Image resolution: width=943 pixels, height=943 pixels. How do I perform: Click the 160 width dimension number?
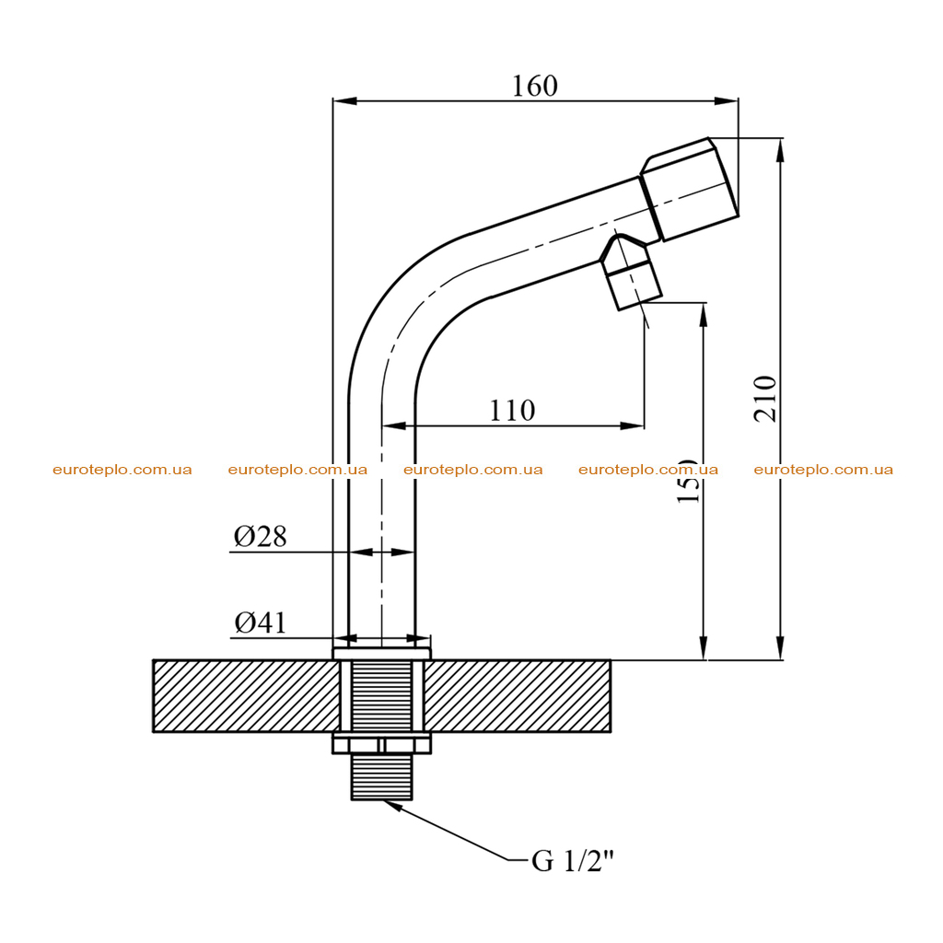click(535, 86)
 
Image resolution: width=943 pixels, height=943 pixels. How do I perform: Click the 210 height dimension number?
click(765, 399)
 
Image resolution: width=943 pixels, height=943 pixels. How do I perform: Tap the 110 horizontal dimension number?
click(512, 411)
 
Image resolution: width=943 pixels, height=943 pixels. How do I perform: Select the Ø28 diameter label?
click(261, 536)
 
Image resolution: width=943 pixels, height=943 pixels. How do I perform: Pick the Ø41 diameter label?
click(261, 623)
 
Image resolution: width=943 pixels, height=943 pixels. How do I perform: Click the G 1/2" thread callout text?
click(573, 861)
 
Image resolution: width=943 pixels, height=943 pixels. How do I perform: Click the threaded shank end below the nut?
click(382, 776)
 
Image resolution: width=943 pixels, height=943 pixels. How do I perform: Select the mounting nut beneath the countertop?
click(382, 743)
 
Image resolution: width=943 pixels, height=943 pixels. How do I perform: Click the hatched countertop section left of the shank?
click(247, 696)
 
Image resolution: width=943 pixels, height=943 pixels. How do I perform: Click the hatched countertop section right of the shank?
click(518, 696)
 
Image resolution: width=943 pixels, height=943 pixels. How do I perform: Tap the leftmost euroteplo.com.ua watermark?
click(122, 470)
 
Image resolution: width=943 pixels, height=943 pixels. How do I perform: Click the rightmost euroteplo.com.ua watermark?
click(823, 470)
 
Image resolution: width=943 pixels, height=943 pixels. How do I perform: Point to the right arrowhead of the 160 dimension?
click(727, 101)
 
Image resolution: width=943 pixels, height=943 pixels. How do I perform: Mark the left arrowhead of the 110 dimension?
click(394, 425)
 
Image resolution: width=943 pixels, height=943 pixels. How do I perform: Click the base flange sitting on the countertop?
click(382, 654)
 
